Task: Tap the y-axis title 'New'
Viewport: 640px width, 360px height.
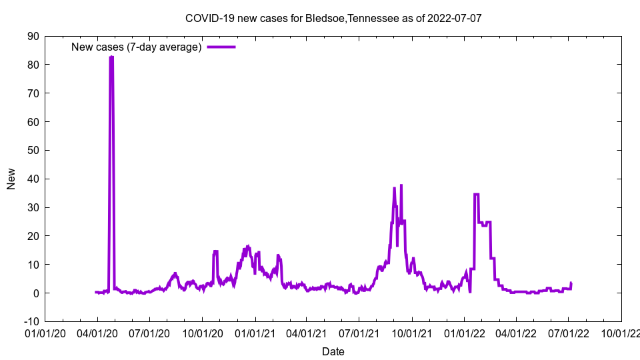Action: (x=11, y=179)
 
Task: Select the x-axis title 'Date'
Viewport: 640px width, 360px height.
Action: (x=333, y=351)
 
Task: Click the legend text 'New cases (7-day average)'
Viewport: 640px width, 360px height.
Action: (x=137, y=47)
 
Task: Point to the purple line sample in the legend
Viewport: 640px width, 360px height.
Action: (x=221, y=47)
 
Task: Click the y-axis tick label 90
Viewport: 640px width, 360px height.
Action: (x=33, y=36)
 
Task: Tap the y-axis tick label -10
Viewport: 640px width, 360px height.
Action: (x=31, y=321)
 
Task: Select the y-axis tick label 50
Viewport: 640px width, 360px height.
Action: (x=33, y=150)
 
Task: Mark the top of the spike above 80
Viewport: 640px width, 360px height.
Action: (x=111, y=57)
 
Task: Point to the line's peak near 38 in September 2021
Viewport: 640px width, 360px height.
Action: (x=401, y=185)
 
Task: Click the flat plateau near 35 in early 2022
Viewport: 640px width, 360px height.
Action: (x=476, y=194)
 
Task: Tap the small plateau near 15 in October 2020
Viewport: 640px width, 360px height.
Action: (x=215, y=251)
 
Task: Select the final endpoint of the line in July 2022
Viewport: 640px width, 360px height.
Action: (x=571, y=283)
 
